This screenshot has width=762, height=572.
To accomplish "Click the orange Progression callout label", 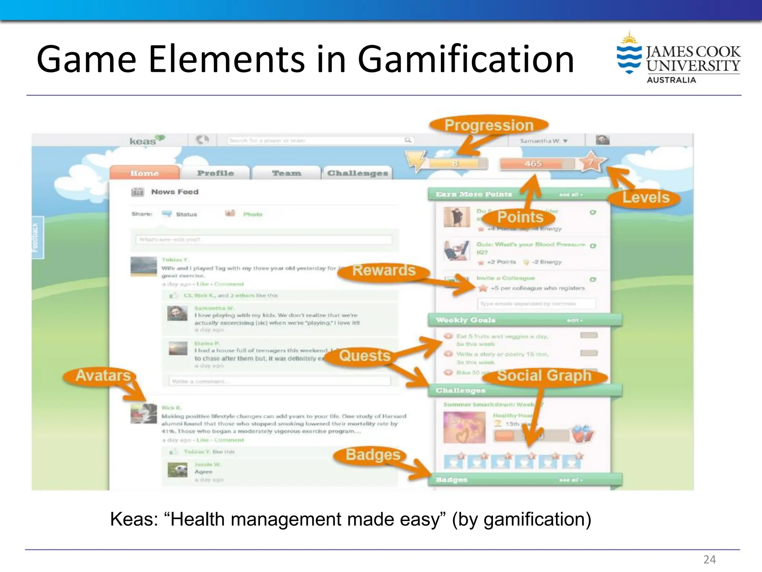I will click(489, 125).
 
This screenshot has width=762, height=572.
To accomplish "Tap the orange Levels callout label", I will click(646, 197).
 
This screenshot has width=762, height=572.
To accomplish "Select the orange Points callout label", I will click(520, 217).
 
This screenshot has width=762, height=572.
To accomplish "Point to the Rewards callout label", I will click(384, 270).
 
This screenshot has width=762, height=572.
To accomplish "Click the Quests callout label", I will click(365, 356).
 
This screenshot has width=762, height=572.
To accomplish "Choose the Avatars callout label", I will click(103, 375).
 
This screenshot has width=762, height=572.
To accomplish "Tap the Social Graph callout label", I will click(544, 375).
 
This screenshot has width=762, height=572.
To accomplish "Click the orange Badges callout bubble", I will click(373, 455).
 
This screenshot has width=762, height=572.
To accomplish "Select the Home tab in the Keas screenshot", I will click(144, 173).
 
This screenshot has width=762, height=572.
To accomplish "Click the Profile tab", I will click(215, 173).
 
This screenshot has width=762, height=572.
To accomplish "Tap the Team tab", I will click(286, 173).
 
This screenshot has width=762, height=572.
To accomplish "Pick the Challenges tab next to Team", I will click(357, 173).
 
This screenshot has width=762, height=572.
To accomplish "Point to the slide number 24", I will click(709, 559).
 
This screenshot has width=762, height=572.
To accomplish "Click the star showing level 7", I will click(590, 162).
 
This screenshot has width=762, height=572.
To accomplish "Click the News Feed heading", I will click(175, 192).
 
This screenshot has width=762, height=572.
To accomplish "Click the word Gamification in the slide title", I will click(466, 60).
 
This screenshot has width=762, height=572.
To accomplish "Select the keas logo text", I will click(143, 141).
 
